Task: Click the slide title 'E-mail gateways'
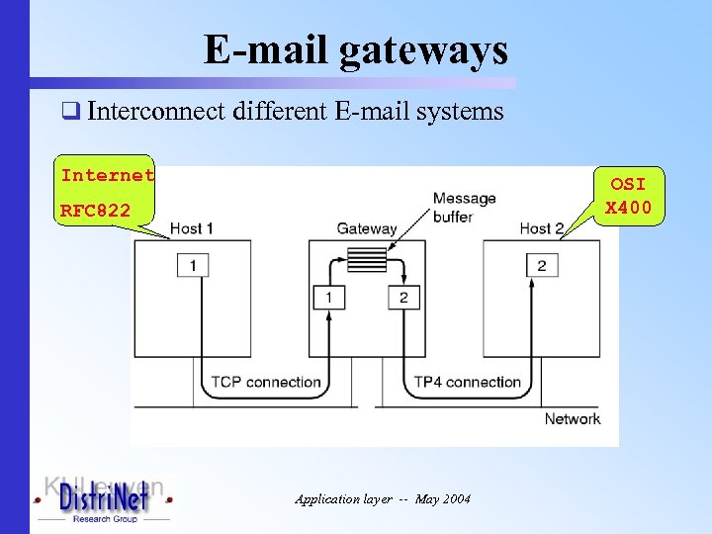(355, 49)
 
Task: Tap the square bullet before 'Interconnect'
(69, 112)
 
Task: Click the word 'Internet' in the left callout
(108, 175)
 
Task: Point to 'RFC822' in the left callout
(95, 210)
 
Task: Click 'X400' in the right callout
(628, 207)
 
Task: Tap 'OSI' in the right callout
(628, 184)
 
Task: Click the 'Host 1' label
(192, 228)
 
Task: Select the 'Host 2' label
(541, 228)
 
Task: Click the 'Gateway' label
(367, 228)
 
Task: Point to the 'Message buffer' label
(464, 208)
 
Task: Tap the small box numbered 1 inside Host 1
(193, 265)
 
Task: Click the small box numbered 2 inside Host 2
(541, 265)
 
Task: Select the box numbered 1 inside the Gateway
(328, 297)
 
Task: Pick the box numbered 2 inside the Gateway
(403, 297)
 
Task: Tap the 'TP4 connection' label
(467, 382)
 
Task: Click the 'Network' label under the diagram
(572, 418)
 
